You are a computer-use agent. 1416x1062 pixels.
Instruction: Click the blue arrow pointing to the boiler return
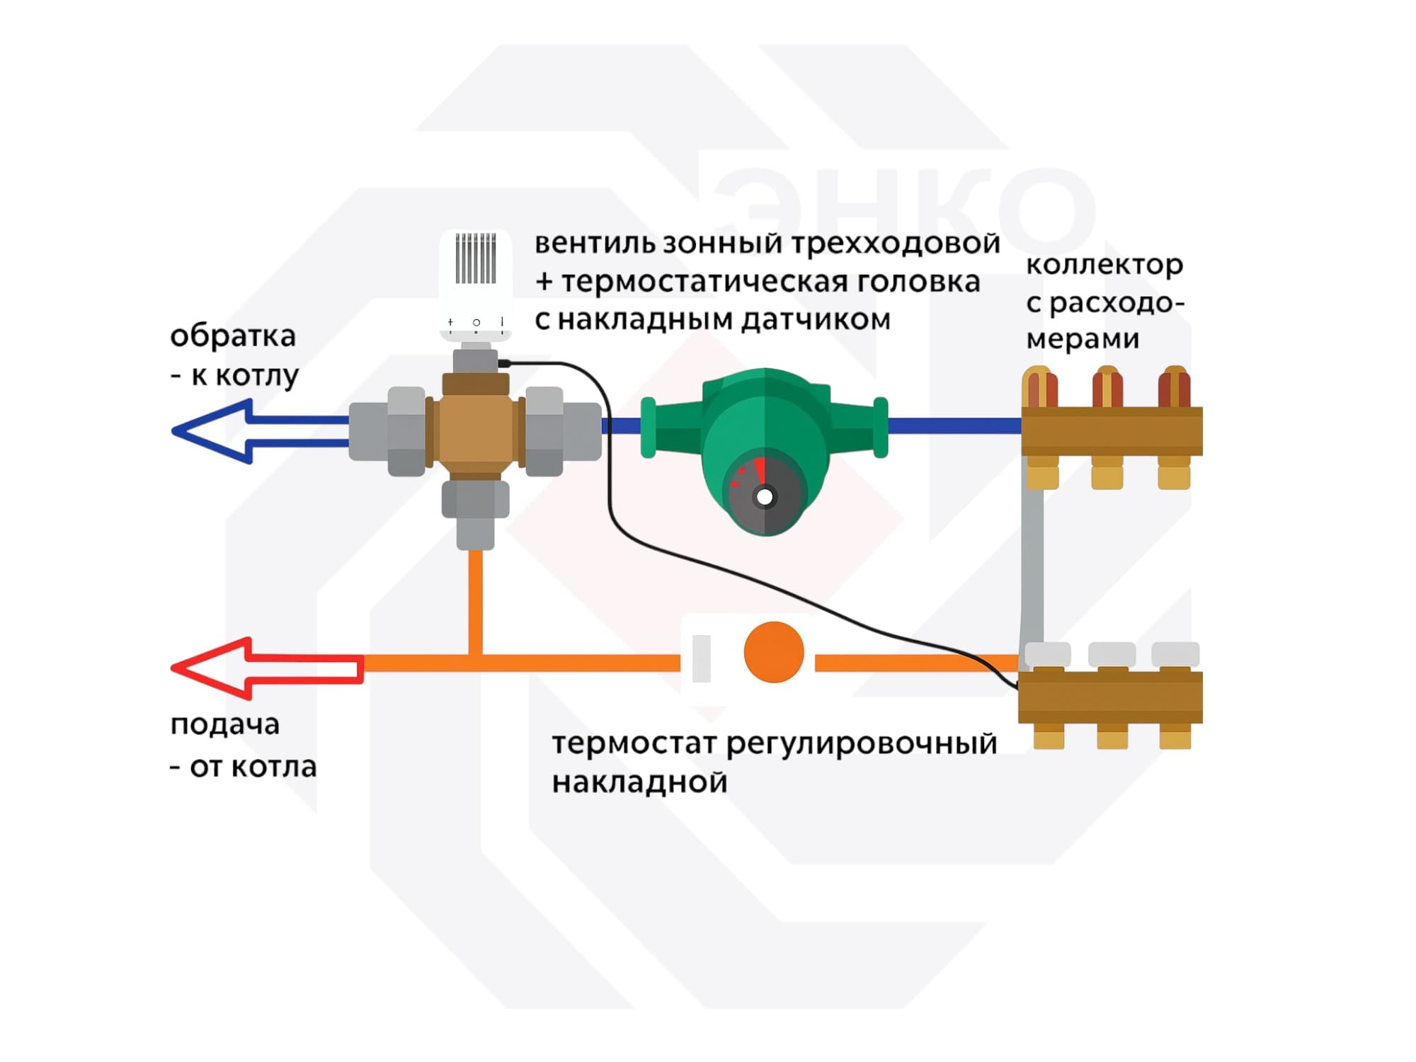pos(212,431)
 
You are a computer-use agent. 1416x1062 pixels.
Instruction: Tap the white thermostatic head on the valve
pos(475,283)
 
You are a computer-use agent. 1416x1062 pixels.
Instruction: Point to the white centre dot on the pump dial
pos(765,497)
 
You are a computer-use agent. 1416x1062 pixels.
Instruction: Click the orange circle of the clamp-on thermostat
pos(774,652)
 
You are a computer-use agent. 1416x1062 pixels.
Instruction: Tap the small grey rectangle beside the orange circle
pos(701,658)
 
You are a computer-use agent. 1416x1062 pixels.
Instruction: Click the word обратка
pos(233,336)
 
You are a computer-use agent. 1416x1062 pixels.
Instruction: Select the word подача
pos(225,724)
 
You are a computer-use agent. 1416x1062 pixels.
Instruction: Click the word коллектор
pos(1104,265)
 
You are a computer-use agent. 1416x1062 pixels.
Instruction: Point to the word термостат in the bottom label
pos(634,744)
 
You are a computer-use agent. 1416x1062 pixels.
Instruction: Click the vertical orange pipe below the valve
pos(475,602)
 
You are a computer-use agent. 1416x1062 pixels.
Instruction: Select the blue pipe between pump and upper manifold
pos(952,426)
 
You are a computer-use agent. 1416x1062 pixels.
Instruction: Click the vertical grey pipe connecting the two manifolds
pos(1033,559)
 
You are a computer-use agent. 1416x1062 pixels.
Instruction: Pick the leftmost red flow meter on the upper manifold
pos(1039,387)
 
